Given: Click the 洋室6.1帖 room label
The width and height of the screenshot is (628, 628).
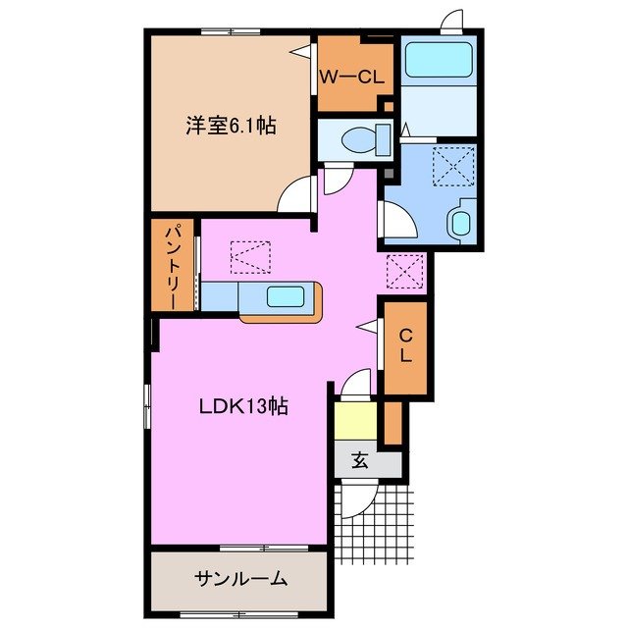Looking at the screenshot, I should click(232, 126).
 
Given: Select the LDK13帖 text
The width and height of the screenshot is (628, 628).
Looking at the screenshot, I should click(245, 404).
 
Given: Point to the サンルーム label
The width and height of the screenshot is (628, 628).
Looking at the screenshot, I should click(238, 578).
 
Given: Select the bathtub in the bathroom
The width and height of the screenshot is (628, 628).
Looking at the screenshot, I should click(438, 61).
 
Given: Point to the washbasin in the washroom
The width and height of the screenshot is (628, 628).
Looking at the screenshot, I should click(459, 221).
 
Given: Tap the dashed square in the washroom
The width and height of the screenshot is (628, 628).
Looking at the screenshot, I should click(453, 164).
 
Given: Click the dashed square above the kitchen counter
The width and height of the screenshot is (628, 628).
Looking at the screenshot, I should click(249, 258).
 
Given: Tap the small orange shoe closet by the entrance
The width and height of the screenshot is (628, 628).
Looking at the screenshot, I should click(392, 422).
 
